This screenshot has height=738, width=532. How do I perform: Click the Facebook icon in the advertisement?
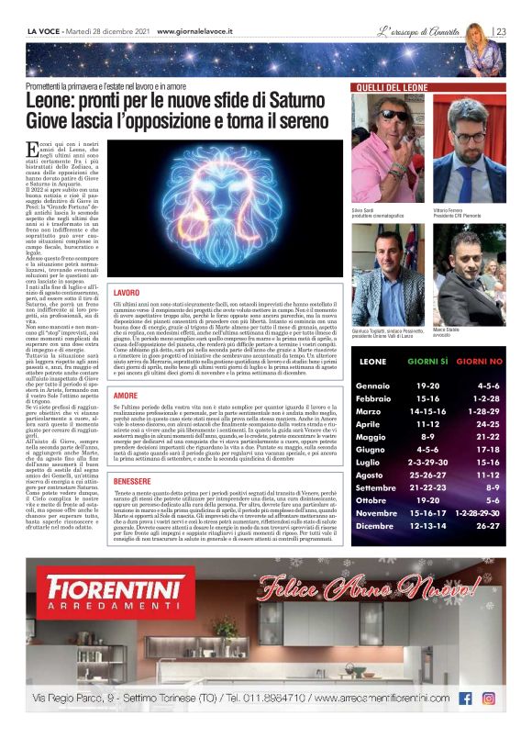465,699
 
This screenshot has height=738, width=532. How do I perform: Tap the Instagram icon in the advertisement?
489,699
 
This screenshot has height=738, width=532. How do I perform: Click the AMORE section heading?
126,395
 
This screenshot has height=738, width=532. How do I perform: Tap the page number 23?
501,31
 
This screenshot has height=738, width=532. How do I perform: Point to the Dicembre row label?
375,526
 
